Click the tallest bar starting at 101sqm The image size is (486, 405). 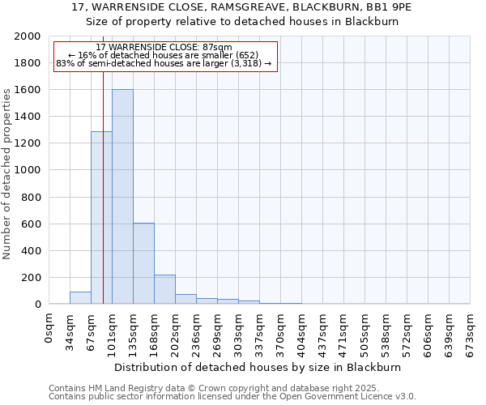(x=122, y=197)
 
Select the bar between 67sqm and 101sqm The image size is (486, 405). (x=101, y=217)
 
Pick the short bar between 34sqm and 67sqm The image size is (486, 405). (x=80, y=297)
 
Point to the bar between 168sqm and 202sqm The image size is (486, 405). (x=164, y=289)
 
